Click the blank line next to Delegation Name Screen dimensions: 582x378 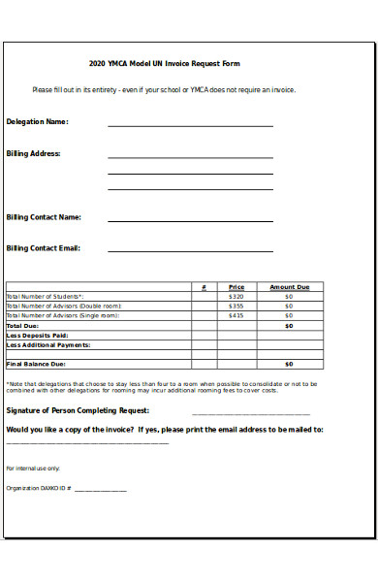190,125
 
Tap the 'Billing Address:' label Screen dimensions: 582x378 34,153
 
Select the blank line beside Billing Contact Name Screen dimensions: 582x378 190,221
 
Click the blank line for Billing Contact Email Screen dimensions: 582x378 190,251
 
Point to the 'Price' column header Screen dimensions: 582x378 236,287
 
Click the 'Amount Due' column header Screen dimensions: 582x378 289,287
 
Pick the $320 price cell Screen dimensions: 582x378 236,297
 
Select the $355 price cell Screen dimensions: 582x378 236,307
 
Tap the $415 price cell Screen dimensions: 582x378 236,316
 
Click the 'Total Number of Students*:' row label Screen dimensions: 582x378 45,297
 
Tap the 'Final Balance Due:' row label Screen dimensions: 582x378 36,364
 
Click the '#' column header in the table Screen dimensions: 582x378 204,287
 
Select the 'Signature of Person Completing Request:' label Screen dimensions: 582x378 79,410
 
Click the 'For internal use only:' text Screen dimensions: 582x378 33,468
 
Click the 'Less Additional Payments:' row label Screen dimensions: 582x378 48,345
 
